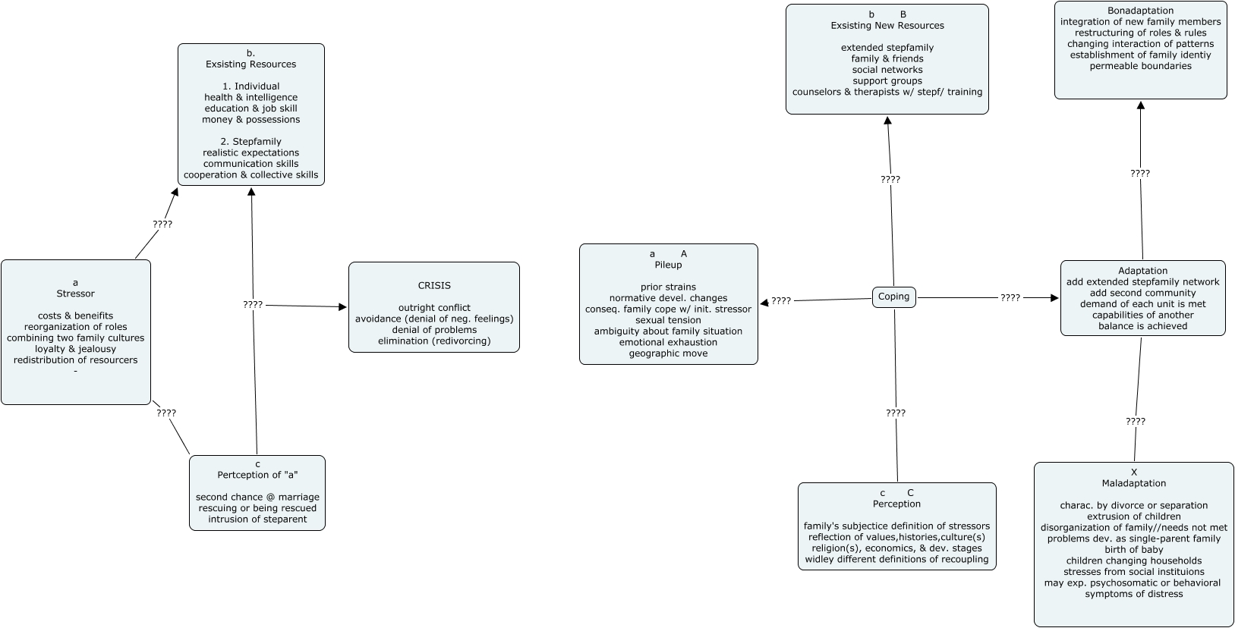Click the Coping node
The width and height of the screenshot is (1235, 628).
point(893,297)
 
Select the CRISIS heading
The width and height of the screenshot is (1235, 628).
point(434,286)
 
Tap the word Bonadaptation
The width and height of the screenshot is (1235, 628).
point(1140,11)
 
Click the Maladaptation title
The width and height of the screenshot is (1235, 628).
point(1133,483)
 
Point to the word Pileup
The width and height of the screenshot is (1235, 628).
point(668,265)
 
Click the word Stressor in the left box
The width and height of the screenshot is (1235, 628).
point(75,294)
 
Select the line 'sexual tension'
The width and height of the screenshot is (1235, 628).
point(668,320)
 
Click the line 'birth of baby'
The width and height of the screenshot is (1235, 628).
point(1133,550)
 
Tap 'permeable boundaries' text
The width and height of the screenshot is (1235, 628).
point(1140,66)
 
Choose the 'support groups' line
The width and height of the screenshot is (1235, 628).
point(887,80)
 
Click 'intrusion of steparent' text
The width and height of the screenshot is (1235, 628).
point(257,520)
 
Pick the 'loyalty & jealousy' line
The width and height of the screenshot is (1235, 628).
point(75,349)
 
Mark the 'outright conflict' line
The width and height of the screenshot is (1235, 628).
point(434,308)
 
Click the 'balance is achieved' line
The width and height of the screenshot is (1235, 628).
point(1142,326)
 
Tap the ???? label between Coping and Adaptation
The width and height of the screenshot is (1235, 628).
point(1010,298)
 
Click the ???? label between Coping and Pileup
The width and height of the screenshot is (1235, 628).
point(781,301)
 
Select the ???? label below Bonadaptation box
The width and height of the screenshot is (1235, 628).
point(1139,174)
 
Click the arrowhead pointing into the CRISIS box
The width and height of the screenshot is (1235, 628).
point(342,307)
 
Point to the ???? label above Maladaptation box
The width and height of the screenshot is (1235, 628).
point(1135,422)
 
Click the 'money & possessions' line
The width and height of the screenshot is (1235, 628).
point(250,120)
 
